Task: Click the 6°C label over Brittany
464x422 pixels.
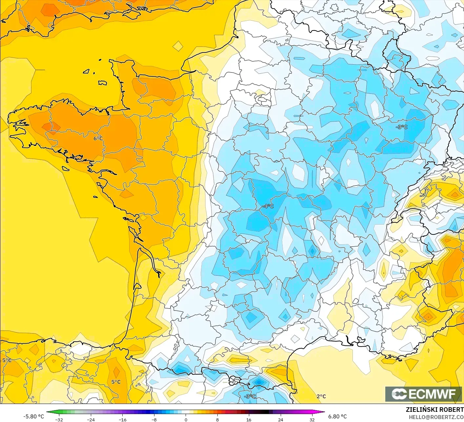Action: click(x=98, y=138)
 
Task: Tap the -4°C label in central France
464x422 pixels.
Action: click(x=268, y=206)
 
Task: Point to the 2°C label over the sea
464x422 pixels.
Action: click(x=321, y=396)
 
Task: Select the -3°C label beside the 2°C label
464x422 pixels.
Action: click(x=250, y=396)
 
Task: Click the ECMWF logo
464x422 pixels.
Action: click(x=423, y=394)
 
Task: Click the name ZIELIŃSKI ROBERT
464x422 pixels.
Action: click(x=434, y=410)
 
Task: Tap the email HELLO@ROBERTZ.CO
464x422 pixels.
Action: click(x=436, y=417)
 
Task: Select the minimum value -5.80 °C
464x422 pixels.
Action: click(x=33, y=416)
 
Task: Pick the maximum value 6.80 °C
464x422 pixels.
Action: click(x=337, y=416)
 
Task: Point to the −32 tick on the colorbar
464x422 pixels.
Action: click(x=59, y=419)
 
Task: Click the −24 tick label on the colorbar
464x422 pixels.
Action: click(x=91, y=419)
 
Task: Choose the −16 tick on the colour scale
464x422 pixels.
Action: click(x=122, y=419)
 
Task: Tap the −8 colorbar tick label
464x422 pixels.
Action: click(x=154, y=419)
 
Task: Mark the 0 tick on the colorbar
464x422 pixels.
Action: click(x=186, y=419)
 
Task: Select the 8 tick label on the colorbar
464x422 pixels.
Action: click(x=217, y=419)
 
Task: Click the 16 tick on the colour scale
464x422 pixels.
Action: click(x=249, y=419)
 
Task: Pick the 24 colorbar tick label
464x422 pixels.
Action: click(x=281, y=419)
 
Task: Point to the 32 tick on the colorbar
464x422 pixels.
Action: click(x=312, y=419)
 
